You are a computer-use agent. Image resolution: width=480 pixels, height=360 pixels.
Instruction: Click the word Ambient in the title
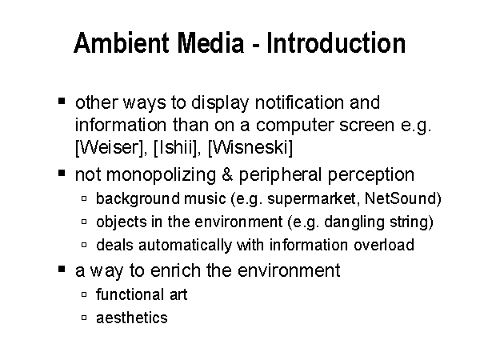pyautogui.click(x=122, y=43)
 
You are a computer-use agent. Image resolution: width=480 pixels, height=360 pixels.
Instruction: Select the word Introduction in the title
pyautogui.click(x=336, y=43)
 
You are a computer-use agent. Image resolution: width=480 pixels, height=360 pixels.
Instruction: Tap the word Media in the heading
pyautogui.click(x=210, y=43)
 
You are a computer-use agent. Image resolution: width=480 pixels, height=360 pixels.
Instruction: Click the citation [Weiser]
pyautogui.click(x=110, y=148)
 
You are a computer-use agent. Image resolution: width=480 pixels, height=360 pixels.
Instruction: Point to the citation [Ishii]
pyautogui.click(x=176, y=148)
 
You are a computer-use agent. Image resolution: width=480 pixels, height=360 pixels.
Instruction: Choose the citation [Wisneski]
pyautogui.click(x=250, y=148)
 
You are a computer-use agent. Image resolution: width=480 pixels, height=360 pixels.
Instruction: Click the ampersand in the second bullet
pyautogui.click(x=227, y=174)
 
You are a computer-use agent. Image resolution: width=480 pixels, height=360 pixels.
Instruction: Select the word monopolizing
pyautogui.click(x=161, y=176)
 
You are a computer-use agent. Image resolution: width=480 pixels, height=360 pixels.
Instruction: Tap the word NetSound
pyautogui.click(x=401, y=198)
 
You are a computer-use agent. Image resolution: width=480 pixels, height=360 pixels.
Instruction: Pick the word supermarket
pyautogui.click(x=311, y=199)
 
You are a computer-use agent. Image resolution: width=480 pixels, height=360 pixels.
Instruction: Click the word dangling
pyautogui.click(x=354, y=222)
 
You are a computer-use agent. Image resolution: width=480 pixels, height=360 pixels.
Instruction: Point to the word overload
pyautogui.click(x=384, y=245)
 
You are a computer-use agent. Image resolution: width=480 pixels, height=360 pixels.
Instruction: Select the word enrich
pyautogui.click(x=174, y=270)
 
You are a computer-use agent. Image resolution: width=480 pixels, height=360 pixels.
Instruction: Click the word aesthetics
pyautogui.click(x=132, y=318)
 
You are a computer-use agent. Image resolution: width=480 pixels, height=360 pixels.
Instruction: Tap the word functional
pyautogui.click(x=129, y=294)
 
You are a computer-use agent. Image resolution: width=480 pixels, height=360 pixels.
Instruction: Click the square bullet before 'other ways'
pyautogui.click(x=62, y=101)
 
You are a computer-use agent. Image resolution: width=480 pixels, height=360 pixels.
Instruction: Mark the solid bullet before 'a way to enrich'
pyautogui.click(x=62, y=269)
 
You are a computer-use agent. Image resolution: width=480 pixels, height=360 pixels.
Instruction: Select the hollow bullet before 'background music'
pyautogui.click(x=84, y=198)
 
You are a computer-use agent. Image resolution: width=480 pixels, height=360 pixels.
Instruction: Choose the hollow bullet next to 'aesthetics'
pyautogui.click(x=84, y=318)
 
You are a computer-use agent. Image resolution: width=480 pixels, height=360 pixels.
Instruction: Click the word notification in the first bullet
pyautogui.click(x=299, y=102)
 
